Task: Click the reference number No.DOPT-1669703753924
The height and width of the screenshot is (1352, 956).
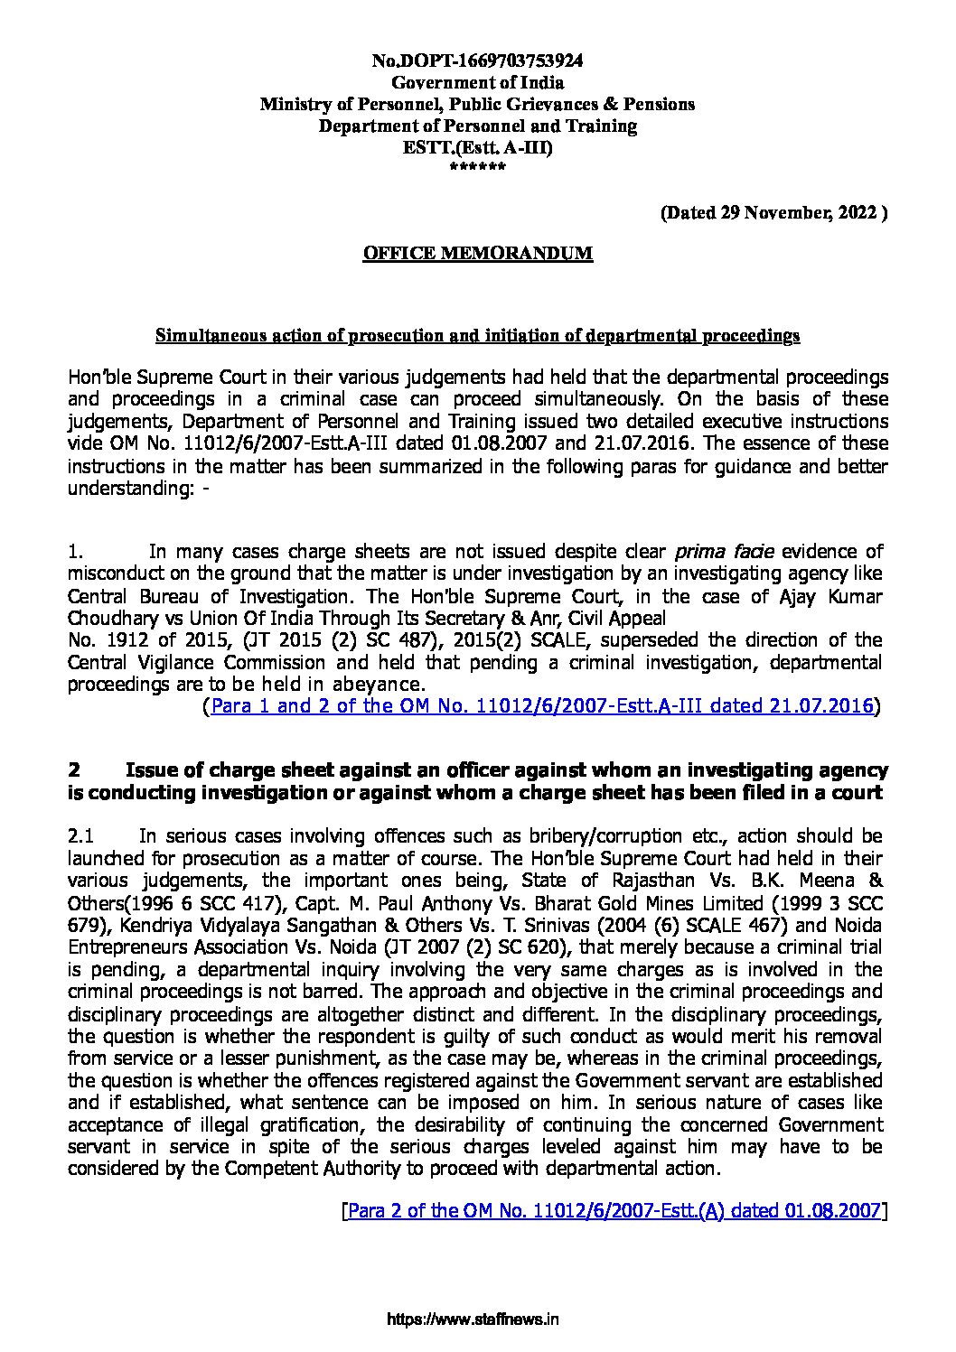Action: coord(478,61)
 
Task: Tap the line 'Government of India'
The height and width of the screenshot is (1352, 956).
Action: coord(478,82)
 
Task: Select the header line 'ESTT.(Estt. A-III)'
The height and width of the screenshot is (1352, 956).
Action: coord(478,147)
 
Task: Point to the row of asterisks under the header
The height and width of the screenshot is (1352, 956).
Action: coord(478,168)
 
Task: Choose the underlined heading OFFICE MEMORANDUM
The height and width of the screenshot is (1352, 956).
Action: coord(478,253)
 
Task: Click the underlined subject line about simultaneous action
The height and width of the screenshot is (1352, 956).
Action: coord(478,336)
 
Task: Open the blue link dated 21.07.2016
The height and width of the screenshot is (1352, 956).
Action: coord(542,706)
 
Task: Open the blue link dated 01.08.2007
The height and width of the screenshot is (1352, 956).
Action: coord(614,1211)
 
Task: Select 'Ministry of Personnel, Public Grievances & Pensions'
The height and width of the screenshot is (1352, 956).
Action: coord(478,104)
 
